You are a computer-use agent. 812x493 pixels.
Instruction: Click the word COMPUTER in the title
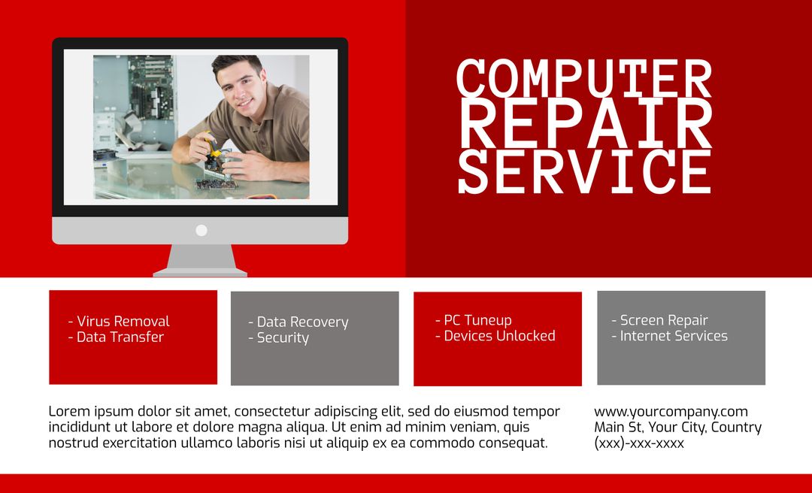pos(583,79)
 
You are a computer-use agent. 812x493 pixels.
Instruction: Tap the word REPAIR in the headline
pos(583,124)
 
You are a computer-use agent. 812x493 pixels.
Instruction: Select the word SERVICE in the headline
pos(583,171)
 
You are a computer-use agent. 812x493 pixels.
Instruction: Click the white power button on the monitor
pos(201,230)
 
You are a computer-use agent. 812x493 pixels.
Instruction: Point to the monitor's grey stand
pos(200,260)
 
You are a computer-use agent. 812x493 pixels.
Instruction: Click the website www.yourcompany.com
pos(671,412)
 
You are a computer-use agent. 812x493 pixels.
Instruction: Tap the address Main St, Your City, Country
pos(677,428)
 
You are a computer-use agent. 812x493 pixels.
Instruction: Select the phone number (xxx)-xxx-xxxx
pos(639,443)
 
